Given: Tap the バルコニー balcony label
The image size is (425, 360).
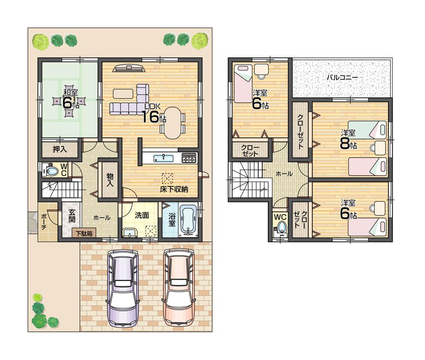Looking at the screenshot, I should (342, 78).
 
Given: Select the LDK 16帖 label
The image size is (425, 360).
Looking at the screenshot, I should (151, 114).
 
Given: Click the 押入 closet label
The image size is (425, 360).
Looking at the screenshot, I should (59, 149).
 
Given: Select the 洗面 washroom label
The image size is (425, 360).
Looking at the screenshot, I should (142, 215).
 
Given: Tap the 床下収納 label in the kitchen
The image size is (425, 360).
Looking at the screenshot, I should (174, 189).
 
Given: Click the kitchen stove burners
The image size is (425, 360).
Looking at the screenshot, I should (189, 158).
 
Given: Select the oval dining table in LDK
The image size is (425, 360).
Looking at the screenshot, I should (173, 122).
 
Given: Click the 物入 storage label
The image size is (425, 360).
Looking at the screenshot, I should (110, 180).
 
